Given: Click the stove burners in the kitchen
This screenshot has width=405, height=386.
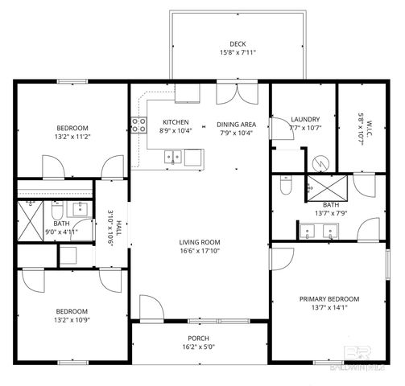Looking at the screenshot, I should tap(138, 125).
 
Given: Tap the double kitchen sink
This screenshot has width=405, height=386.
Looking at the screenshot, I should tap(173, 157).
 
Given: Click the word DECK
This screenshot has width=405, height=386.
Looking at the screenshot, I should tap(238, 43).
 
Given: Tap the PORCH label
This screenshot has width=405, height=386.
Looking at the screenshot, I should tap(199, 338).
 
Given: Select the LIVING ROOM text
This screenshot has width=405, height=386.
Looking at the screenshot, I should tap(200, 242).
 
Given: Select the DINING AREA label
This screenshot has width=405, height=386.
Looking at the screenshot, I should tap(236, 124).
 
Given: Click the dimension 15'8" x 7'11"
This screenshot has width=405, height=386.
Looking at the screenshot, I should tap(238, 54).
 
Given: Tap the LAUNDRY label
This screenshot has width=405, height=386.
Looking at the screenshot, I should tap(305, 118).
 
